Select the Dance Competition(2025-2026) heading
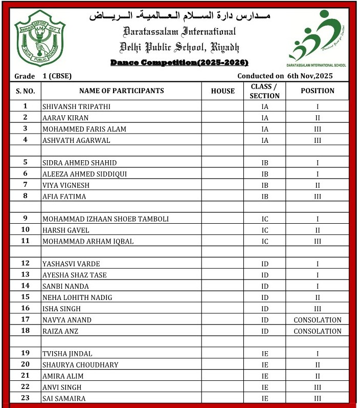tap(179, 62)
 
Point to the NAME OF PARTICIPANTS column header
tap(121, 91)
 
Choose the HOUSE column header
tap(222, 91)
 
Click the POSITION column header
tap(317, 91)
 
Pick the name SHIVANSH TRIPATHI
tap(76, 106)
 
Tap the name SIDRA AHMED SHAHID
tap(79, 163)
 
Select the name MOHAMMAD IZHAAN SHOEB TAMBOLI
tap(105, 219)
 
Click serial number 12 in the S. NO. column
tap(25, 264)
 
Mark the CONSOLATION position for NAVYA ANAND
tap(317, 320)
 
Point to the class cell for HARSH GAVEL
tap(264, 230)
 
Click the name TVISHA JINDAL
tap(67, 354)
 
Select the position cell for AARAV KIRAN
tap(317, 118)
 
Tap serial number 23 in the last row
tap(25, 399)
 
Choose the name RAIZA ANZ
tap(60, 331)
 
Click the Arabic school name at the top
tap(179, 16)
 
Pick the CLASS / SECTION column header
tap(264, 91)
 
